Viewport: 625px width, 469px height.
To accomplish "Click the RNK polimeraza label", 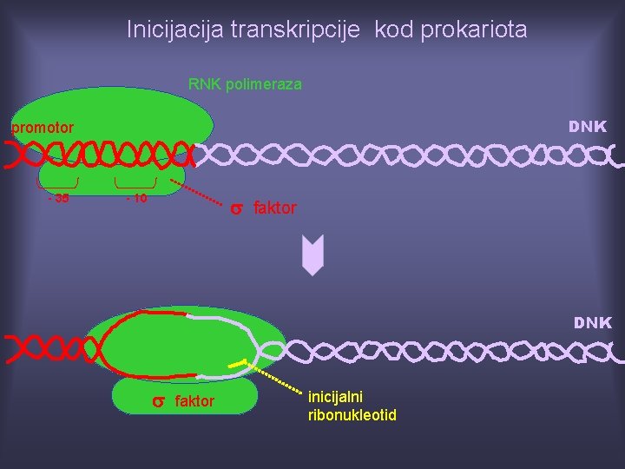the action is (245, 84).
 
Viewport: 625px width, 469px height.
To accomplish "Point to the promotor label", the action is (42, 128).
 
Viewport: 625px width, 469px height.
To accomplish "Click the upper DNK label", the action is (588, 127).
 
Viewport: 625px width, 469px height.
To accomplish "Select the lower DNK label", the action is (592, 323).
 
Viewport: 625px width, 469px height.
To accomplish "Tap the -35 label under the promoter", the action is (58, 199).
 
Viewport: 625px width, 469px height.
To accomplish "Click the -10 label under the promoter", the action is (136, 199).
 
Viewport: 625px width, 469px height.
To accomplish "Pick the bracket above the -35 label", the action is (58, 184).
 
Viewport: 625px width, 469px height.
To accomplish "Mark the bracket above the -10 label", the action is (136, 184).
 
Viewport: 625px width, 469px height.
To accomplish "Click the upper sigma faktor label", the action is (262, 208).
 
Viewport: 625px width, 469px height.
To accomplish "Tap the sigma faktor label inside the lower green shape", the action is (183, 401).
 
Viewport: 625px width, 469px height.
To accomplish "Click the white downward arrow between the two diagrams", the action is (312, 258).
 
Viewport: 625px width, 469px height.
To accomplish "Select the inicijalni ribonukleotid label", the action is (352, 406).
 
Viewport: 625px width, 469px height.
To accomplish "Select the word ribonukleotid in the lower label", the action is (352, 415).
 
